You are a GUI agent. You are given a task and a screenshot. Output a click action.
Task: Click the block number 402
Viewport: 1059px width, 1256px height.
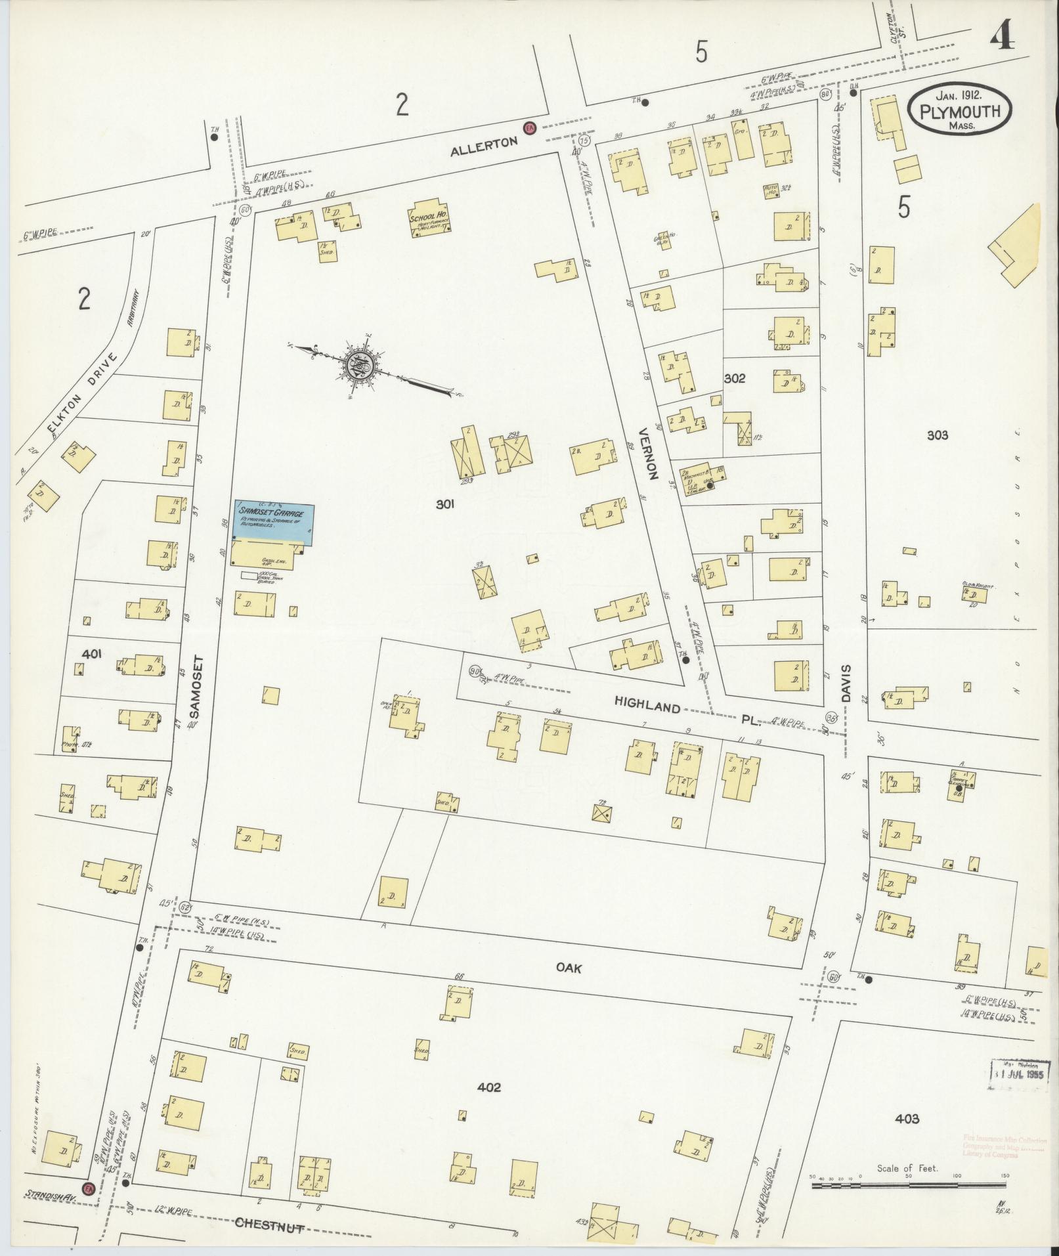click(x=489, y=1088)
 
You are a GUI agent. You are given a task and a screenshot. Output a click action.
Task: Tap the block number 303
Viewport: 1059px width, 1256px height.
click(x=937, y=435)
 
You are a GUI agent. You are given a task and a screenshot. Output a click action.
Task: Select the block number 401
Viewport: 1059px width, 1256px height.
click(x=92, y=653)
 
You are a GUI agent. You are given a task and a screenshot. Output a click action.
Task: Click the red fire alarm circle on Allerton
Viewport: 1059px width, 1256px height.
click(x=528, y=127)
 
